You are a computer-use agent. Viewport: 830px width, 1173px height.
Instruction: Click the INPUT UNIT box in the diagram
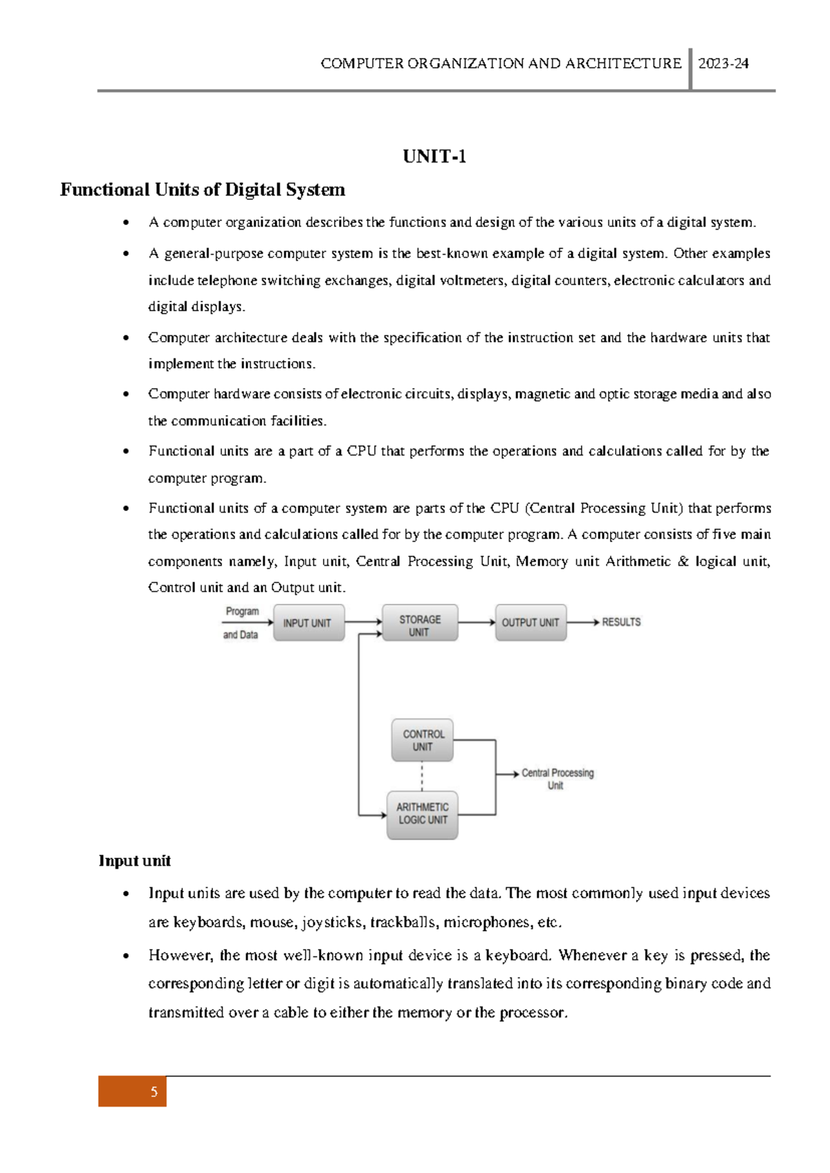[x=308, y=622]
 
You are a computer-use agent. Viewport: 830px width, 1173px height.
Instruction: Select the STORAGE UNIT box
[x=420, y=625]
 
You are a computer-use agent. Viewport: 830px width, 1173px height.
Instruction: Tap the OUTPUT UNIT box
[x=531, y=622]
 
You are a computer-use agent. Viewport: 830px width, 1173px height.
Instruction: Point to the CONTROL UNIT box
[x=423, y=740]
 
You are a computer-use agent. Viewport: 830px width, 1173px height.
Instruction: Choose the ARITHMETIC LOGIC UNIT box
[x=422, y=814]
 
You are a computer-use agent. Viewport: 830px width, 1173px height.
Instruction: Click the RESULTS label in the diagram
[x=621, y=622]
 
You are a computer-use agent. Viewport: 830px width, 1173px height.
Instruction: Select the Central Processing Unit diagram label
[x=557, y=778]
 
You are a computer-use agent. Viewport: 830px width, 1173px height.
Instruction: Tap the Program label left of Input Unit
[x=242, y=611]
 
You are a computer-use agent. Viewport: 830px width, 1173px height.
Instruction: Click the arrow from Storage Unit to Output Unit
[x=477, y=622]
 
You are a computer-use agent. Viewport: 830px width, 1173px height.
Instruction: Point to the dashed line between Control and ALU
[x=422, y=776]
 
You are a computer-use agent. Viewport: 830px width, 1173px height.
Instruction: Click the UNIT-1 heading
[x=434, y=156]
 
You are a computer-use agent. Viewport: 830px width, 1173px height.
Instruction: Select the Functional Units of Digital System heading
[x=203, y=190]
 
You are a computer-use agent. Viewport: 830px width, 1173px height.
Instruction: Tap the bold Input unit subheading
[x=134, y=860]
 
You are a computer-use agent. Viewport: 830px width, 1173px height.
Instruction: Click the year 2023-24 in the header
[x=723, y=64]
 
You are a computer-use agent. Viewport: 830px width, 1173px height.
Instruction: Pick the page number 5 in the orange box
[x=154, y=1092]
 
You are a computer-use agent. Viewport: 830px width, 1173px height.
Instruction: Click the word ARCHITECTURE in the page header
[x=623, y=64]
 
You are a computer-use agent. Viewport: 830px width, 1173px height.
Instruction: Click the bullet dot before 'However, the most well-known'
[x=126, y=956]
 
